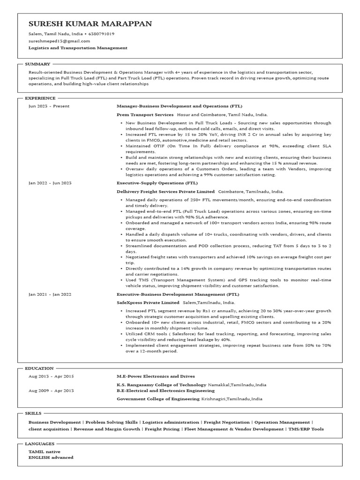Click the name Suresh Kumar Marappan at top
90,24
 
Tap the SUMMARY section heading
37,64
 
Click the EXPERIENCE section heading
40,98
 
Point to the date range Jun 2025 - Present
49,106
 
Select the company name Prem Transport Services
145,114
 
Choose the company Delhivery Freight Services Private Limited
165,191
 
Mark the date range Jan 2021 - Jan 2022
50,294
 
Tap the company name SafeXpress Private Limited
148,302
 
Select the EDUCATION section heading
39,368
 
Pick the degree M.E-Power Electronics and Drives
156,376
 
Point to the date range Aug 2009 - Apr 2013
51,390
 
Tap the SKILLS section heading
33,413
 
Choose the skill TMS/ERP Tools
306,428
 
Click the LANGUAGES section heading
40,443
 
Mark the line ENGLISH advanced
51,457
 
